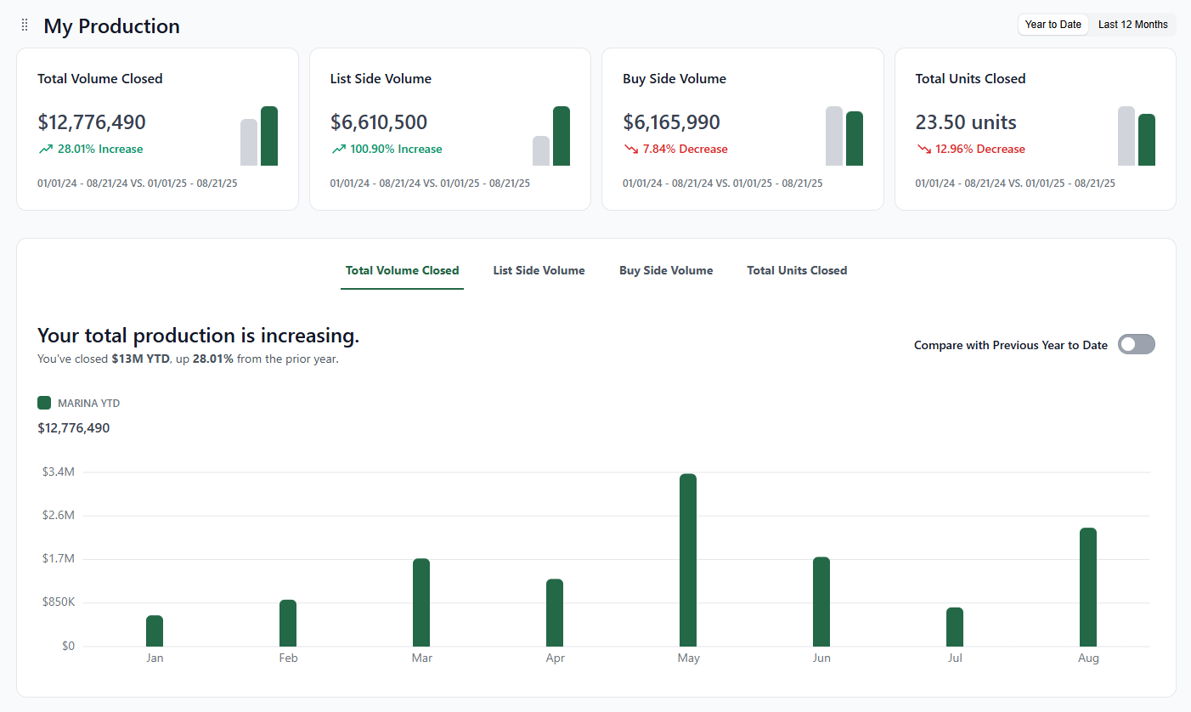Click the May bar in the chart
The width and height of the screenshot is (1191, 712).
[688, 560]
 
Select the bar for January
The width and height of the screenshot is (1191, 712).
[155, 631]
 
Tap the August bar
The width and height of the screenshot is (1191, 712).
[1088, 587]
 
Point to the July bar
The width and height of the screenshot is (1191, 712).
[955, 627]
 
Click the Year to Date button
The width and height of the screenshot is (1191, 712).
[1053, 25]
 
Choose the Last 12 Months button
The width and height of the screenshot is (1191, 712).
[1132, 25]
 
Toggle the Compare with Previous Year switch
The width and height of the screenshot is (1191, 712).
[1136, 344]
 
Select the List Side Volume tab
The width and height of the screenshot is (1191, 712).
[539, 270]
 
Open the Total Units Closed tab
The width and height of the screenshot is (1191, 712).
[797, 270]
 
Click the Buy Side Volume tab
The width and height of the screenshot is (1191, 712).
[666, 270]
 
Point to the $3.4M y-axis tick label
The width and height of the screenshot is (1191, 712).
[58, 472]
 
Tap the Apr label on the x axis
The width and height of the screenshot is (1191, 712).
[556, 658]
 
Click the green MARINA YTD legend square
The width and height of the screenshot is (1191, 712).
[44, 403]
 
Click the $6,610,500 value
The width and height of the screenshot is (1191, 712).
[379, 122]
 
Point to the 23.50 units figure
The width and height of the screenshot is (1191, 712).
[966, 122]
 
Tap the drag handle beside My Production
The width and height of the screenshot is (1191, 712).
[25, 25]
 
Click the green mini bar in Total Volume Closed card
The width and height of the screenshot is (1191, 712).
[269, 136]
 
